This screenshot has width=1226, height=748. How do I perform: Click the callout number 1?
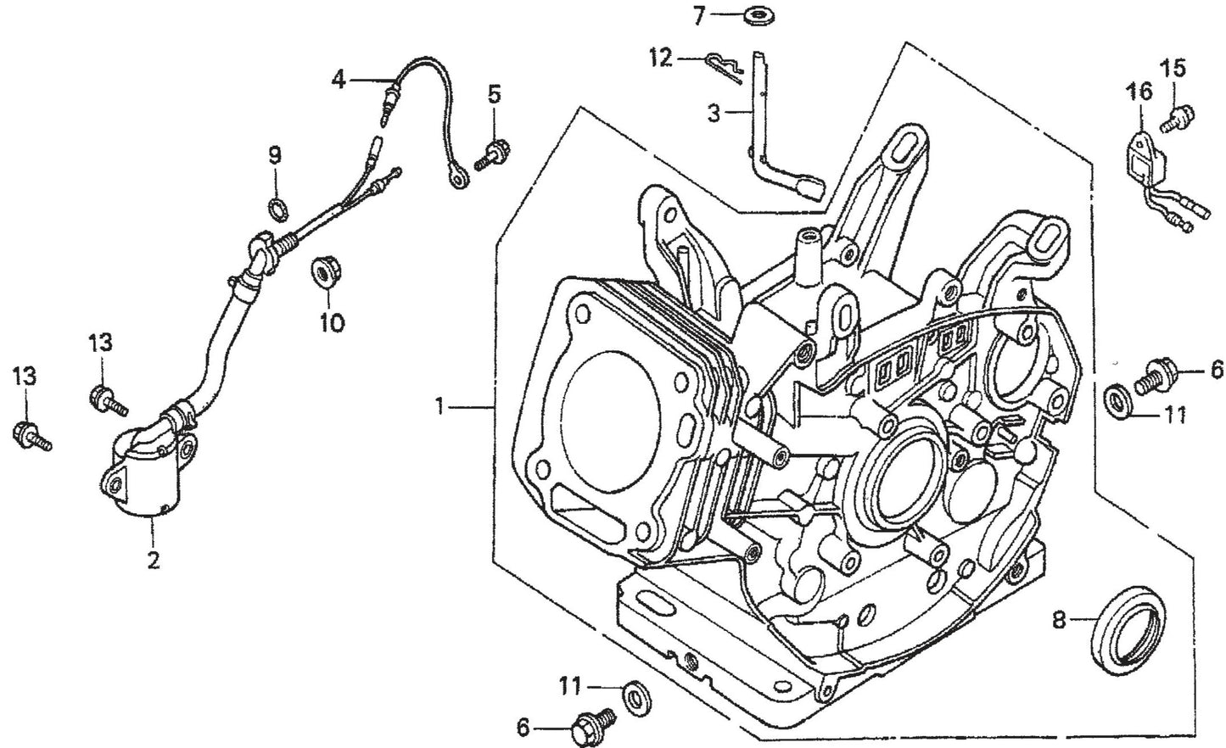(440, 407)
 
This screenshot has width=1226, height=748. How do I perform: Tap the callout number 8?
(1059, 620)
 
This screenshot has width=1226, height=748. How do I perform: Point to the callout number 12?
(659, 58)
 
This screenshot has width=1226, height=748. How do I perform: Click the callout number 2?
(153, 561)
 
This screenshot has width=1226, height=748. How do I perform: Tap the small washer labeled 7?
(753, 14)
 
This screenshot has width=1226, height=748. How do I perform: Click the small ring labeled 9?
(277, 206)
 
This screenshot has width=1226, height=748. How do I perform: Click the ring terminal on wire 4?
(459, 177)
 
